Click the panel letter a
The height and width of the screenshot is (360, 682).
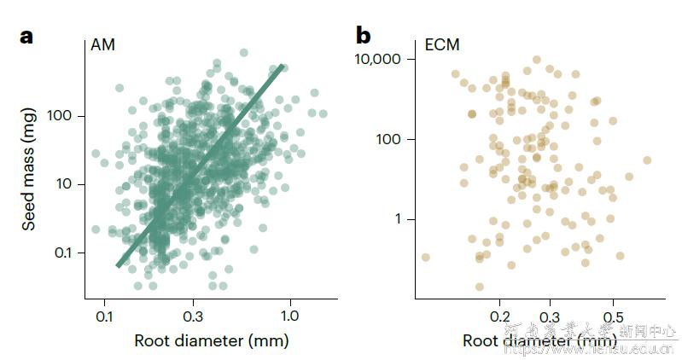pyautogui.click(x=26, y=37)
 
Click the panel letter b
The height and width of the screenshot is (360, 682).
pyautogui.click(x=363, y=37)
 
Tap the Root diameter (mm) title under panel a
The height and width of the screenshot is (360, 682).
pyautogui.click(x=211, y=341)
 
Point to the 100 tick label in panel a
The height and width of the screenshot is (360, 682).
pyautogui.click(x=64, y=115)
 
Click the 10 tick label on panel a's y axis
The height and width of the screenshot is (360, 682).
pyautogui.click(x=68, y=184)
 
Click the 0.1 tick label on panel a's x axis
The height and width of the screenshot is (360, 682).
pyautogui.click(x=104, y=315)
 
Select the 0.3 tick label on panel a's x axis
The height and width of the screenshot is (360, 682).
pyautogui.click(x=192, y=315)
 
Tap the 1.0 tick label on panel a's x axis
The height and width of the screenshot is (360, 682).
pyautogui.click(x=291, y=315)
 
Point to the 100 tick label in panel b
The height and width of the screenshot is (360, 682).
pyautogui.click(x=392, y=139)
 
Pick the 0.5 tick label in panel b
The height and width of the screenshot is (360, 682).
pyautogui.click(x=612, y=315)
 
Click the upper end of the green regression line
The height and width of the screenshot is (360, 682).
pyautogui.click(x=283, y=66)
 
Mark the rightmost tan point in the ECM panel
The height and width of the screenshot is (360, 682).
pyautogui.click(x=646, y=160)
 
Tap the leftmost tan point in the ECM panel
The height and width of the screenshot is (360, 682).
pyautogui.click(x=425, y=257)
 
